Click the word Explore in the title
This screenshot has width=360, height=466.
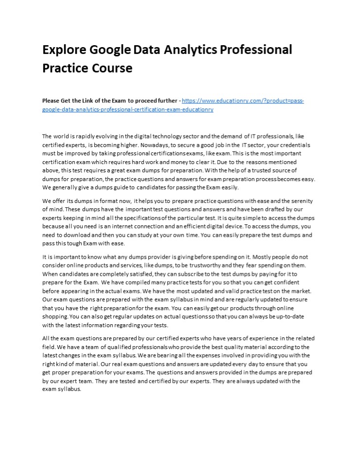[63, 50]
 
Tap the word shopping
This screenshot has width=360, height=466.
[55, 316]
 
